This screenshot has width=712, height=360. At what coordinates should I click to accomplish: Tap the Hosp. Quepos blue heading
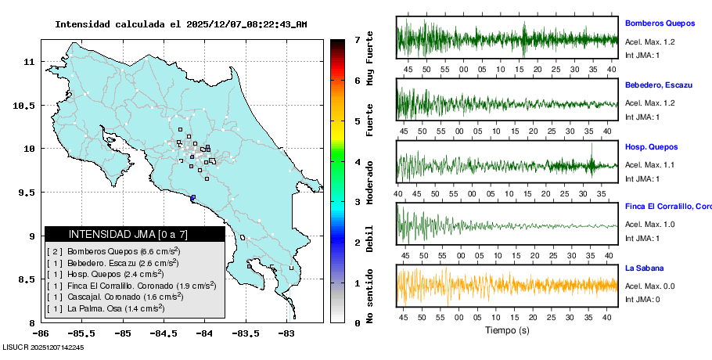tap(651, 146)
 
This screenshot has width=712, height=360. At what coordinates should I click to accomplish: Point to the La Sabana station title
tap(645, 268)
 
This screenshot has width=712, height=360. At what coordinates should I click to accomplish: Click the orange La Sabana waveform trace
tap(507, 284)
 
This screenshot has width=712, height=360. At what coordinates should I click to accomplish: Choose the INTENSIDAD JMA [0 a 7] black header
tap(135, 234)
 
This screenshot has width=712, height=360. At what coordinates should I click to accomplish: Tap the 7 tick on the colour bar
tap(357, 39)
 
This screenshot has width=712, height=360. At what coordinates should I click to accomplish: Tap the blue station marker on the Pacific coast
tap(192, 197)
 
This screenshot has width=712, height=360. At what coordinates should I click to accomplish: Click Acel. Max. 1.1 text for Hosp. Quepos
tap(645, 164)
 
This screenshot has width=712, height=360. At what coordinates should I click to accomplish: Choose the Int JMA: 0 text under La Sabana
tap(642, 299)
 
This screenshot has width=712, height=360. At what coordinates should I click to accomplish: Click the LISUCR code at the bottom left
tap(43, 347)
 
